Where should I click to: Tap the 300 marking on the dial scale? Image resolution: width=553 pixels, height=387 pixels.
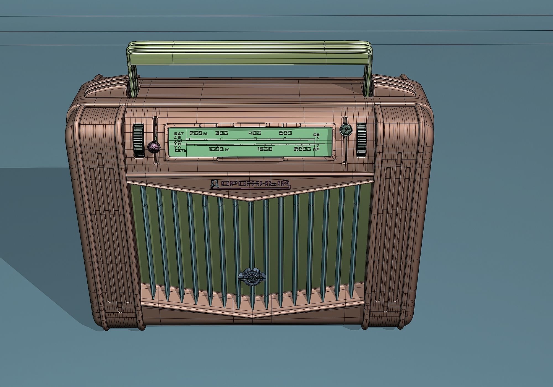222,133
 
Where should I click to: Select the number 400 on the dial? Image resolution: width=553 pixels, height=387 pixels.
255,133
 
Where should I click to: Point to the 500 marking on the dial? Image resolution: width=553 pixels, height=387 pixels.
285,133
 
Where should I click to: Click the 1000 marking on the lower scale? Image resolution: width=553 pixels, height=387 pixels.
216,149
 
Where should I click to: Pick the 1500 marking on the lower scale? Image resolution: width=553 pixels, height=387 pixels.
265,149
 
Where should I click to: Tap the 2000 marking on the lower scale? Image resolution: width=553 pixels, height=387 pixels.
302,149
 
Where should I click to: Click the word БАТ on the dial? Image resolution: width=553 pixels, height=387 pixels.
179,134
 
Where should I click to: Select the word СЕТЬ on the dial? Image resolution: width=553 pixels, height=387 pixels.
180,151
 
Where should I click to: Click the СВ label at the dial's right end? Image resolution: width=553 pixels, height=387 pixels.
317,135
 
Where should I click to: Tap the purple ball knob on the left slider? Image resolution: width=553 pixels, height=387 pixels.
154,147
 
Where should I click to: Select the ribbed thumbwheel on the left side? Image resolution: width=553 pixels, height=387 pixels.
138,141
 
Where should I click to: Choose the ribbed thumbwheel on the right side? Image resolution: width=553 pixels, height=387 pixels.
361,140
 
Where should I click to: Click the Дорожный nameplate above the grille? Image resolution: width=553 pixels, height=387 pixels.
250,185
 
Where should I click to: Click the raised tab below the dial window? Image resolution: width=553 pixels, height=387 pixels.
251,159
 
